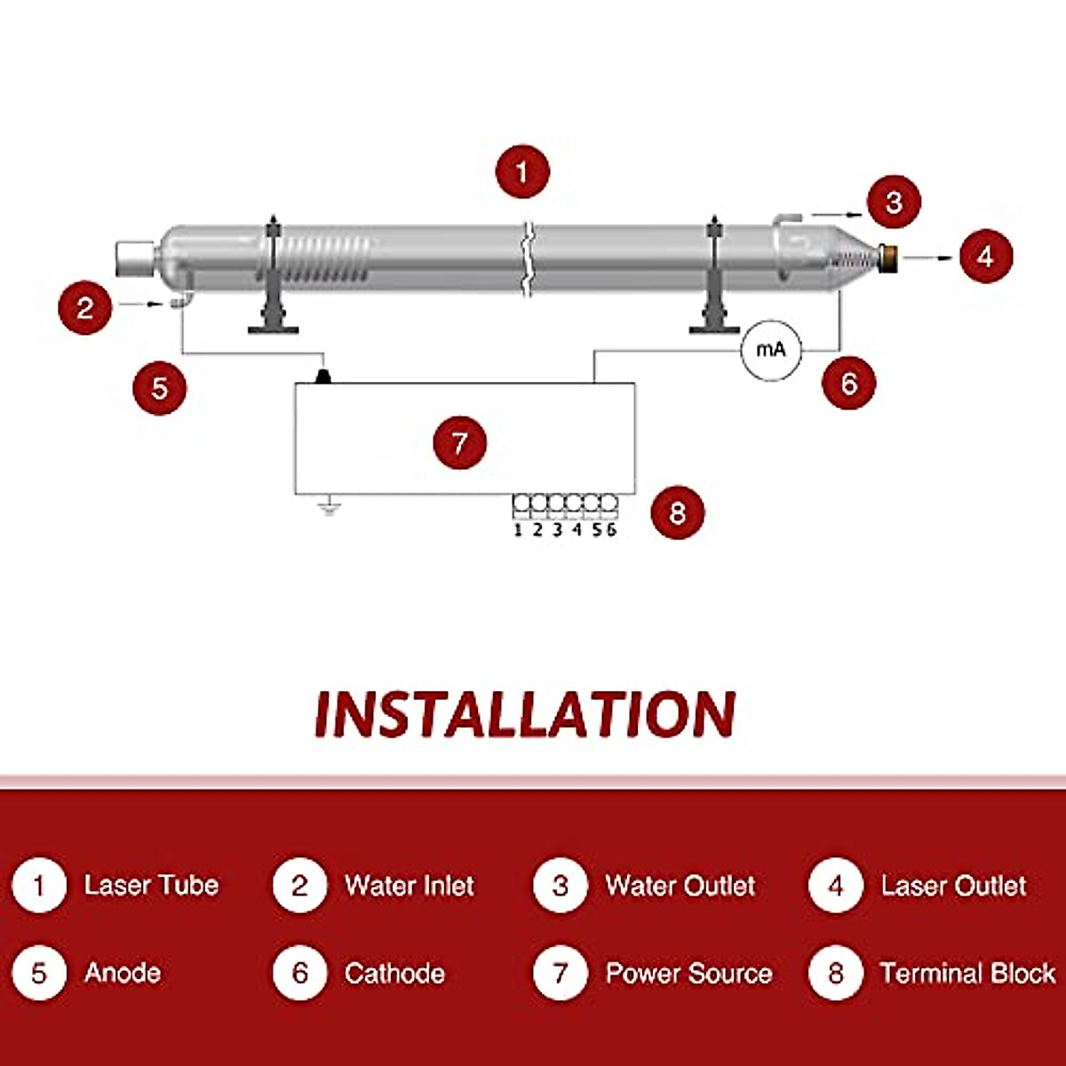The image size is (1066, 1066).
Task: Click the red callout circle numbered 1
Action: tap(522, 171)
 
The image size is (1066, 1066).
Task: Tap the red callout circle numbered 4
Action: tap(985, 256)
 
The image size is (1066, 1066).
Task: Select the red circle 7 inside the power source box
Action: tap(459, 442)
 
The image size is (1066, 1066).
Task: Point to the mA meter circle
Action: tap(770, 350)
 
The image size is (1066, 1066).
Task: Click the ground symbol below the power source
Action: tap(330, 508)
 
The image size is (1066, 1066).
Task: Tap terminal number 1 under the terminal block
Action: tap(519, 530)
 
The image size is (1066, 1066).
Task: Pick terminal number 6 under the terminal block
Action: tap(611, 530)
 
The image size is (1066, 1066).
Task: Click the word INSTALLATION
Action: tap(525, 714)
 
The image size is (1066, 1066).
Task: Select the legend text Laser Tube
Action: tap(151, 885)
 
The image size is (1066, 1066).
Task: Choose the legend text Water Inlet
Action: tap(409, 885)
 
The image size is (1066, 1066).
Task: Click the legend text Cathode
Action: tap(394, 973)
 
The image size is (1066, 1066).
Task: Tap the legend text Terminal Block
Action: tap(967, 973)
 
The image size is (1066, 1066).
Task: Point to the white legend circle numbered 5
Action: tap(39, 973)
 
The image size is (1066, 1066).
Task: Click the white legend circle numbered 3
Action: tap(560, 886)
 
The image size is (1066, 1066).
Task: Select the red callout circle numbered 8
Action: tap(678, 513)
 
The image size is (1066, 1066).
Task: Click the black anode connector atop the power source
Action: tap(322, 377)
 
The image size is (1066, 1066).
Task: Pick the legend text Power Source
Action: tap(688, 973)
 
